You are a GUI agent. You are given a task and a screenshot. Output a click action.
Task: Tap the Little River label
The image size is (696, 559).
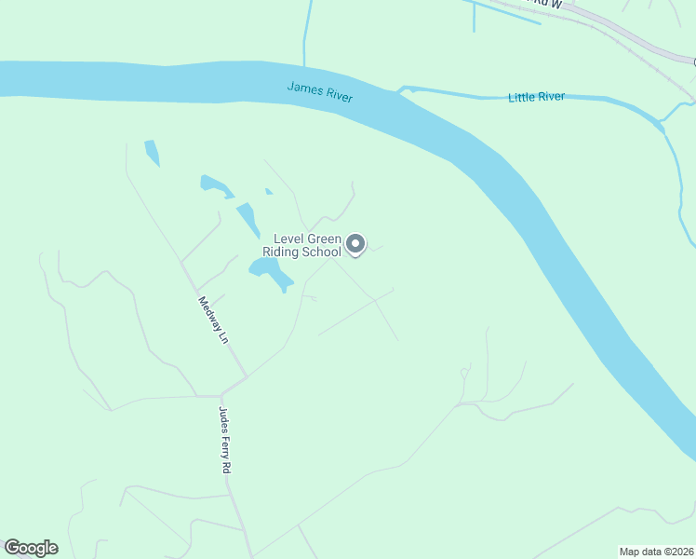coord(536,97)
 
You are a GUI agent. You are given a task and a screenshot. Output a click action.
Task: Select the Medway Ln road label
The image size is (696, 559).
coord(213,320)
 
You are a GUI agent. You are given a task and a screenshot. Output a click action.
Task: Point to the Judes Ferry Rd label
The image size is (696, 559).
coord(224,440)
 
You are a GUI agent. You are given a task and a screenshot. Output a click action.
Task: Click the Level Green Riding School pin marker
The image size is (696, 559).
coord(355,244)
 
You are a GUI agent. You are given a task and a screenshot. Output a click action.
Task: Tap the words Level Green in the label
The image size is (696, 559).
coord(307,239)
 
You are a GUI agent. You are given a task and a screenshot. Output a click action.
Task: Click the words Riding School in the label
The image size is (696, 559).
coord(302,252)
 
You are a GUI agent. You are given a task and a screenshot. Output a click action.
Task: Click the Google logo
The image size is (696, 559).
coord(31,548)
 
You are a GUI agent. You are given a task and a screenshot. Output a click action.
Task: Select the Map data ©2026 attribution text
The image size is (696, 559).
coord(657,551)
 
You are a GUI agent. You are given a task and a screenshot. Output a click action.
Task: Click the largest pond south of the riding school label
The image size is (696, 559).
coord(268,273)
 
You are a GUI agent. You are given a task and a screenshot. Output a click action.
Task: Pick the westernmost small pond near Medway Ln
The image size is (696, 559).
coord(152,153)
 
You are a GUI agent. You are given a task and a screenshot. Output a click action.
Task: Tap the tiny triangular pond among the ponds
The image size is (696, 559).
coord(269,192)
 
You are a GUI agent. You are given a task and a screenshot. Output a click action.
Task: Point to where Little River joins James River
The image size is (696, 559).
coord(402,90)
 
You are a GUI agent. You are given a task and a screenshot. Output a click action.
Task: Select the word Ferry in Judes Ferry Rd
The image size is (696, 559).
coord(224,440)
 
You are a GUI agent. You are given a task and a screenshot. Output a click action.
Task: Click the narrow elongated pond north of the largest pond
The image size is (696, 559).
coord(248,220)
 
